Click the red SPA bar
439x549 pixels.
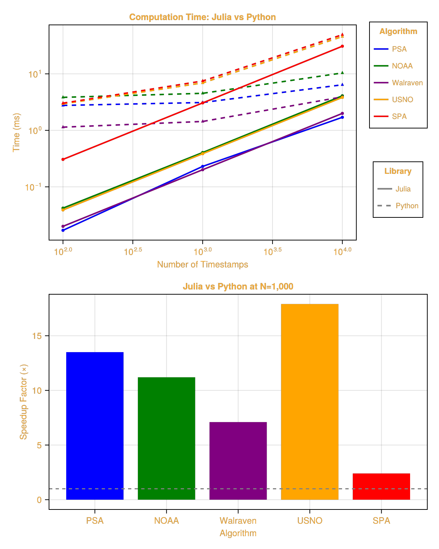(x=382, y=486)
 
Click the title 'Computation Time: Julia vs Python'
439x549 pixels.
(x=203, y=17)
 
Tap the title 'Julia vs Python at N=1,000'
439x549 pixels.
(x=238, y=286)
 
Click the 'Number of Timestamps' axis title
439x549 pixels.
(x=203, y=264)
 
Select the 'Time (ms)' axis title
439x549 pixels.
(x=16, y=132)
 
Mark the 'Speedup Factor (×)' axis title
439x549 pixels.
(x=24, y=402)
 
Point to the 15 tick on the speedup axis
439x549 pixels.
(x=37, y=336)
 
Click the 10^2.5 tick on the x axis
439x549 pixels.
(x=133, y=251)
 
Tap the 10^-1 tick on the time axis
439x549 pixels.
(x=33, y=187)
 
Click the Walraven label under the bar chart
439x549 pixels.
(x=238, y=520)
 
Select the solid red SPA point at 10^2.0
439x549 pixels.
(x=63, y=159)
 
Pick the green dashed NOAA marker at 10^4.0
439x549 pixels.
(x=342, y=73)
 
